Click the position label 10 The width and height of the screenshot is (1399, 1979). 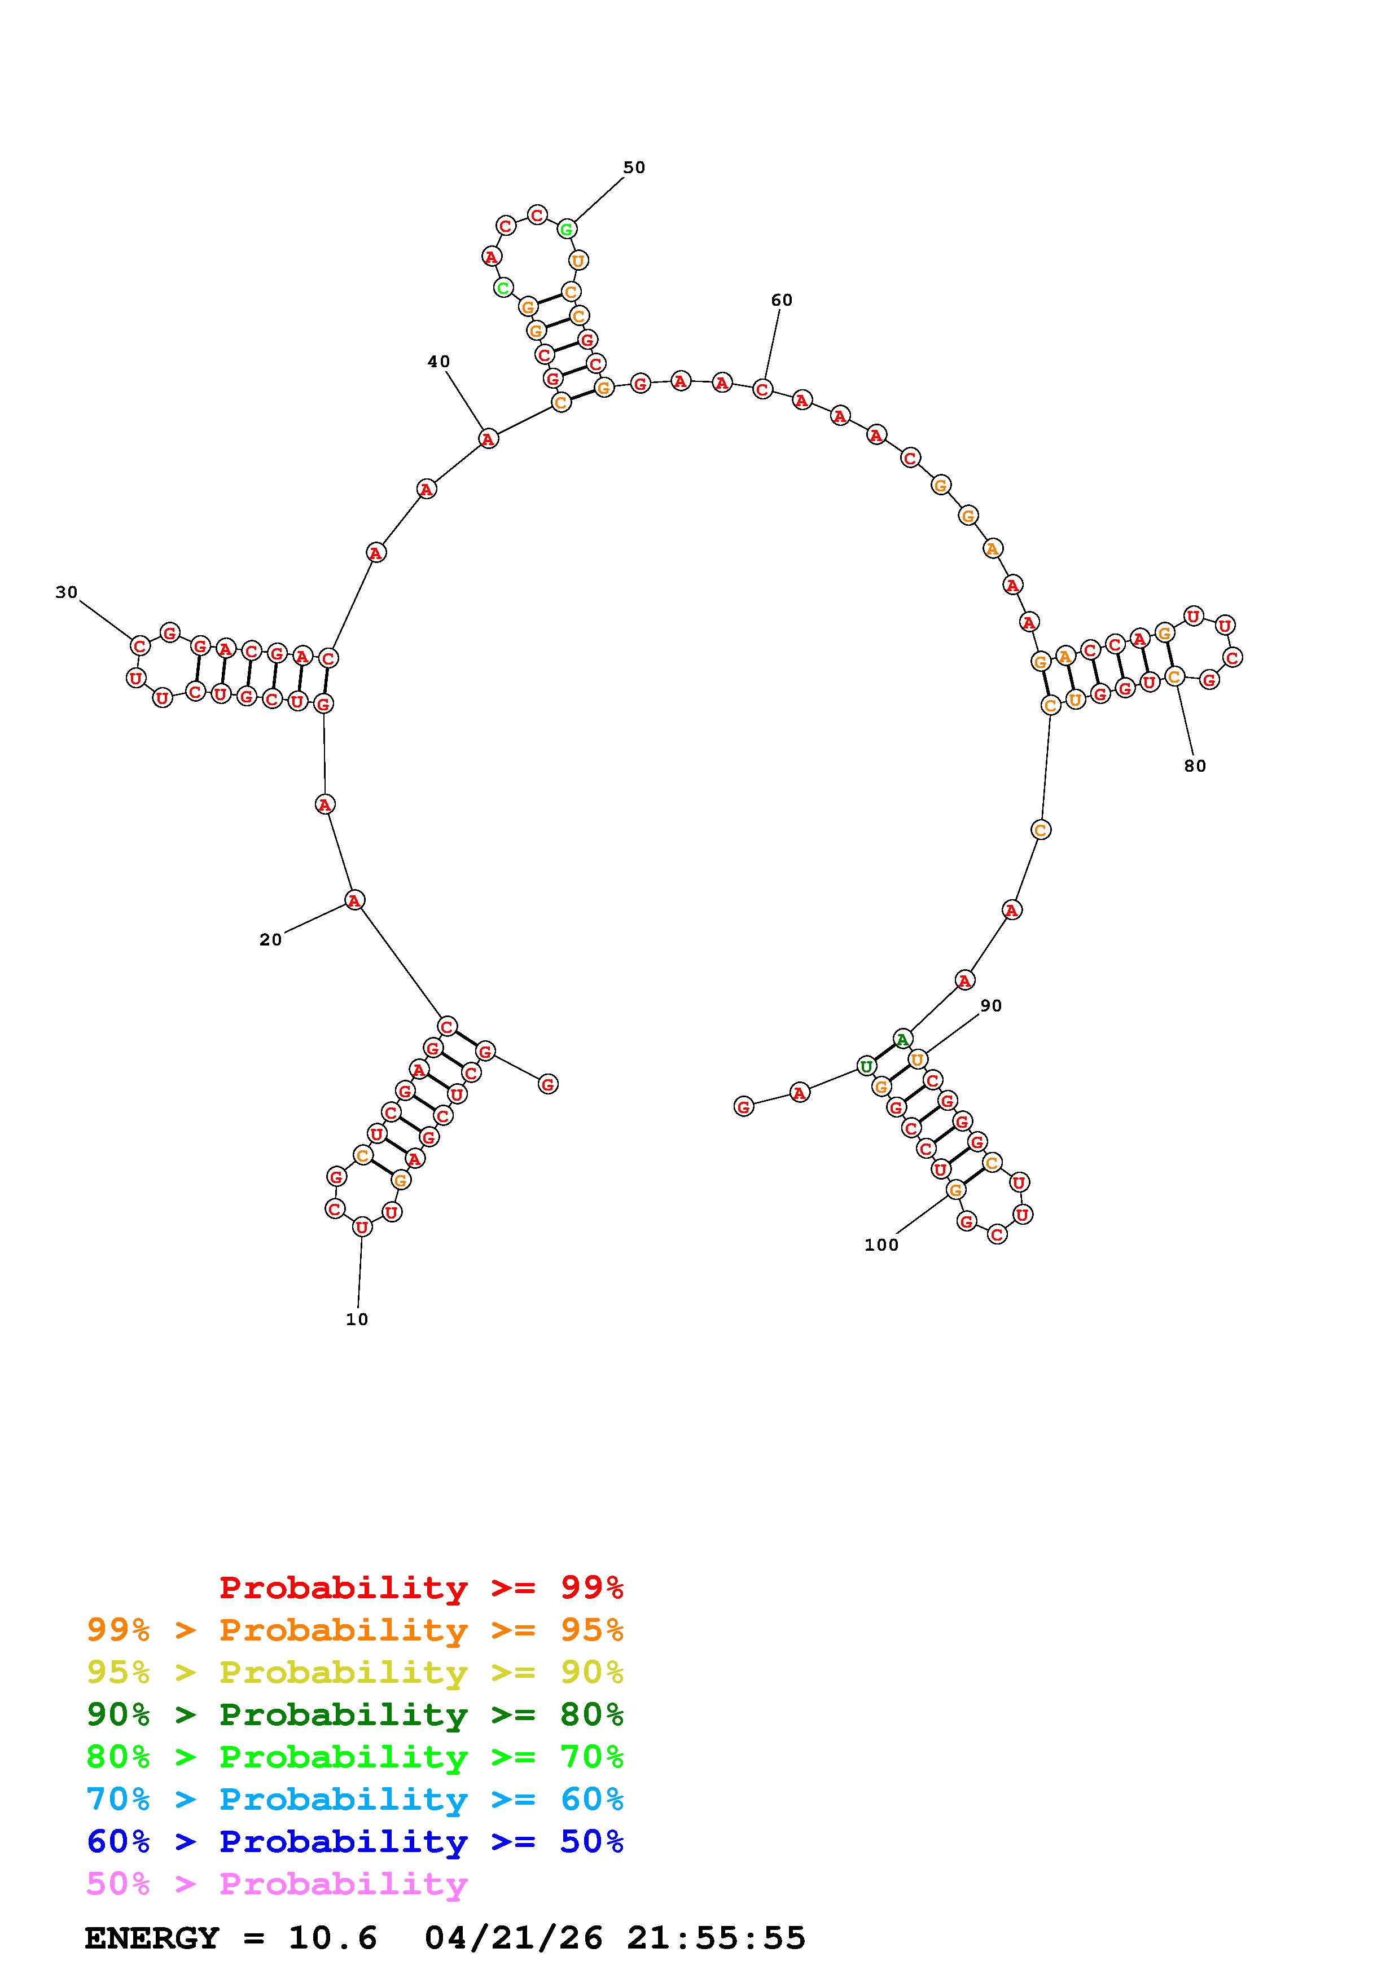[357, 1319]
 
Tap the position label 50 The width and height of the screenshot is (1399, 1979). [634, 167]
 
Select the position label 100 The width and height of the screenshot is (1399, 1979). [881, 1244]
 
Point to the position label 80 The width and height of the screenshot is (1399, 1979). [1195, 766]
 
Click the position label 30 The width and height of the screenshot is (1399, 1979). [67, 592]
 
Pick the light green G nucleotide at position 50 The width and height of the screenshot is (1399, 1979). [567, 229]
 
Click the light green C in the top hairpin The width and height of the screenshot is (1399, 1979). [503, 287]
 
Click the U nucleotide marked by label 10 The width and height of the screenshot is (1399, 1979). [362, 1226]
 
